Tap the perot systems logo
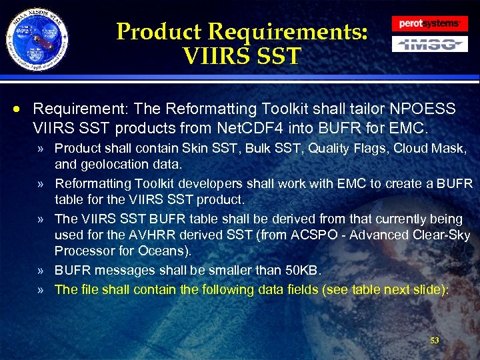(x=429, y=23)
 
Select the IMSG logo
(x=429, y=45)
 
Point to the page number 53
(x=435, y=341)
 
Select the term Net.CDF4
(x=249, y=126)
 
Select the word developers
(x=198, y=183)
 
